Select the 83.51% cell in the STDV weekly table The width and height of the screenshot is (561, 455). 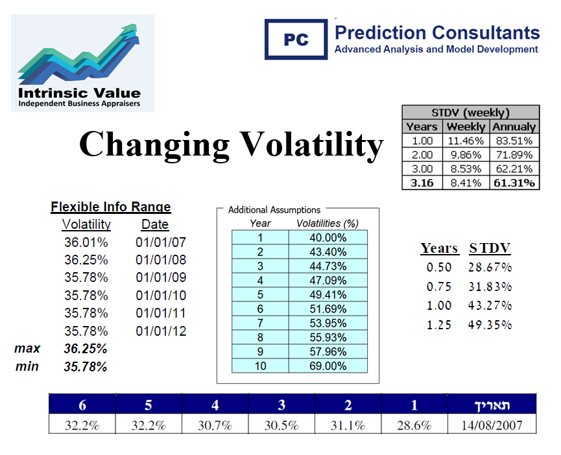pyautogui.click(x=514, y=141)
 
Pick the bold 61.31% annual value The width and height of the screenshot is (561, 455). pyautogui.click(x=514, y=183)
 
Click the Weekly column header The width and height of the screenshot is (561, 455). pyautogui.click(x=466, y=126)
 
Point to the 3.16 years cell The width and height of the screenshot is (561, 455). pyautogui.click(x=422, y=183)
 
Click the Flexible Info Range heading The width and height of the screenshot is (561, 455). pyautogui.click(x=111, y=207)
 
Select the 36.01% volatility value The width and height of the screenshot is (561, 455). pyautogui.click(x=86, y=243)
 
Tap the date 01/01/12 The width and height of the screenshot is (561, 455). pyautogui.click(x=161, y=331)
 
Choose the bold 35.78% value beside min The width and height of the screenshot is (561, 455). pyautogui.click(x=86, y=366)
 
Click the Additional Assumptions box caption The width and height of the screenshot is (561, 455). pyautogui.click(x=274, y=210)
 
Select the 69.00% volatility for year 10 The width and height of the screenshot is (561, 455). pyautogui.click(x=328, y=366)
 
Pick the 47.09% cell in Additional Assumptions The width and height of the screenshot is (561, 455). pyautogui.click(x=328, y=281)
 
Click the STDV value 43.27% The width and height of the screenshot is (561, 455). pyautogui.click(x=490, y=305)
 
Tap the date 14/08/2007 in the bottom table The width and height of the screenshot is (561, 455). pyautogui.click(x=492, y=426)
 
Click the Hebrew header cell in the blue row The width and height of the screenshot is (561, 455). pyautogui.click(x=492, y=405)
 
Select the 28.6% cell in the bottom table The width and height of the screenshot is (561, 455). pyautogui.click(x=414, y=426)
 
